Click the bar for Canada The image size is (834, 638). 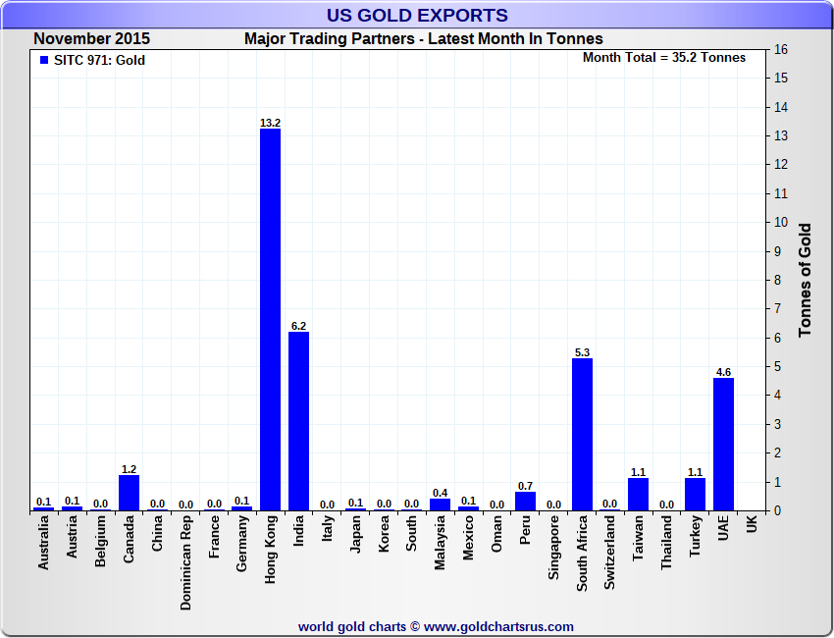click(129, 493)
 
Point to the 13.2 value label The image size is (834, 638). click(270, 123)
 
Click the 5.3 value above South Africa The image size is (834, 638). click(582, 351)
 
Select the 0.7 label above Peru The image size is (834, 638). click(525, 486)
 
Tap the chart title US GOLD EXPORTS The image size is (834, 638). click(417, 15)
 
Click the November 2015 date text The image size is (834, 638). click(91, 39)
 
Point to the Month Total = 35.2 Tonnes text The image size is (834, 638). click(664, 57)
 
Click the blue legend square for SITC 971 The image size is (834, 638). click(43, 60)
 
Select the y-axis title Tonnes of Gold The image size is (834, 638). click(806, 280)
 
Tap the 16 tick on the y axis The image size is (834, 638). click(782, 49)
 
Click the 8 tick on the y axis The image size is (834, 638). click(782, 280)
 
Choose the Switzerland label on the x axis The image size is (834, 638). click(610, 553)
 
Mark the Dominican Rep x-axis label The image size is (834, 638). click(185, 564)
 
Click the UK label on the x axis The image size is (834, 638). click(752, 525)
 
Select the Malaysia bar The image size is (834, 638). click(440, 505)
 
